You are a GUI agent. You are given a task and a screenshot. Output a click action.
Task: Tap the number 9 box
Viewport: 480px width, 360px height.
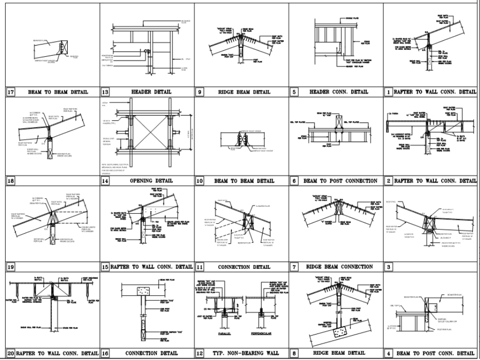pos(200,92)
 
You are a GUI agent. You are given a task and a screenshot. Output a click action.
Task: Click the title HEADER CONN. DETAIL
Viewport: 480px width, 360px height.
pos(339,92)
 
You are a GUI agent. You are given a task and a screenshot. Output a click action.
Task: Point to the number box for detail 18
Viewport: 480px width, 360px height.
pos(11,181)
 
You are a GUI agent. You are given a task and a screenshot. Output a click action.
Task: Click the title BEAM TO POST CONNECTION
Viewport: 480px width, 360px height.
pos(340,181)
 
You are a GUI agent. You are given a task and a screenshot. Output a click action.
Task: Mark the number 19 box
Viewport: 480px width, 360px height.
pos(11,267)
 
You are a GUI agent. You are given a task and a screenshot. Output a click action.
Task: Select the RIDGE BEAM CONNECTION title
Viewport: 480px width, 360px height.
pos(339,267)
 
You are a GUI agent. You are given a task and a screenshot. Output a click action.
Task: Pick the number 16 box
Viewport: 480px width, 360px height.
pos(106,353)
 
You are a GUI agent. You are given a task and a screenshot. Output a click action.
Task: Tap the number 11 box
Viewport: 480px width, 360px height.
pos(200,267)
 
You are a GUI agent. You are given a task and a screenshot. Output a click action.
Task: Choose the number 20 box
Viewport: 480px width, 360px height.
pos(11,353)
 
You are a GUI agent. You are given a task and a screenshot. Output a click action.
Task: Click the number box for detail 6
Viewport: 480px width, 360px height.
pos(294,181)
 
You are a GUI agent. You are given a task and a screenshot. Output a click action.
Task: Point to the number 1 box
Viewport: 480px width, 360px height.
pos(388,92)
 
